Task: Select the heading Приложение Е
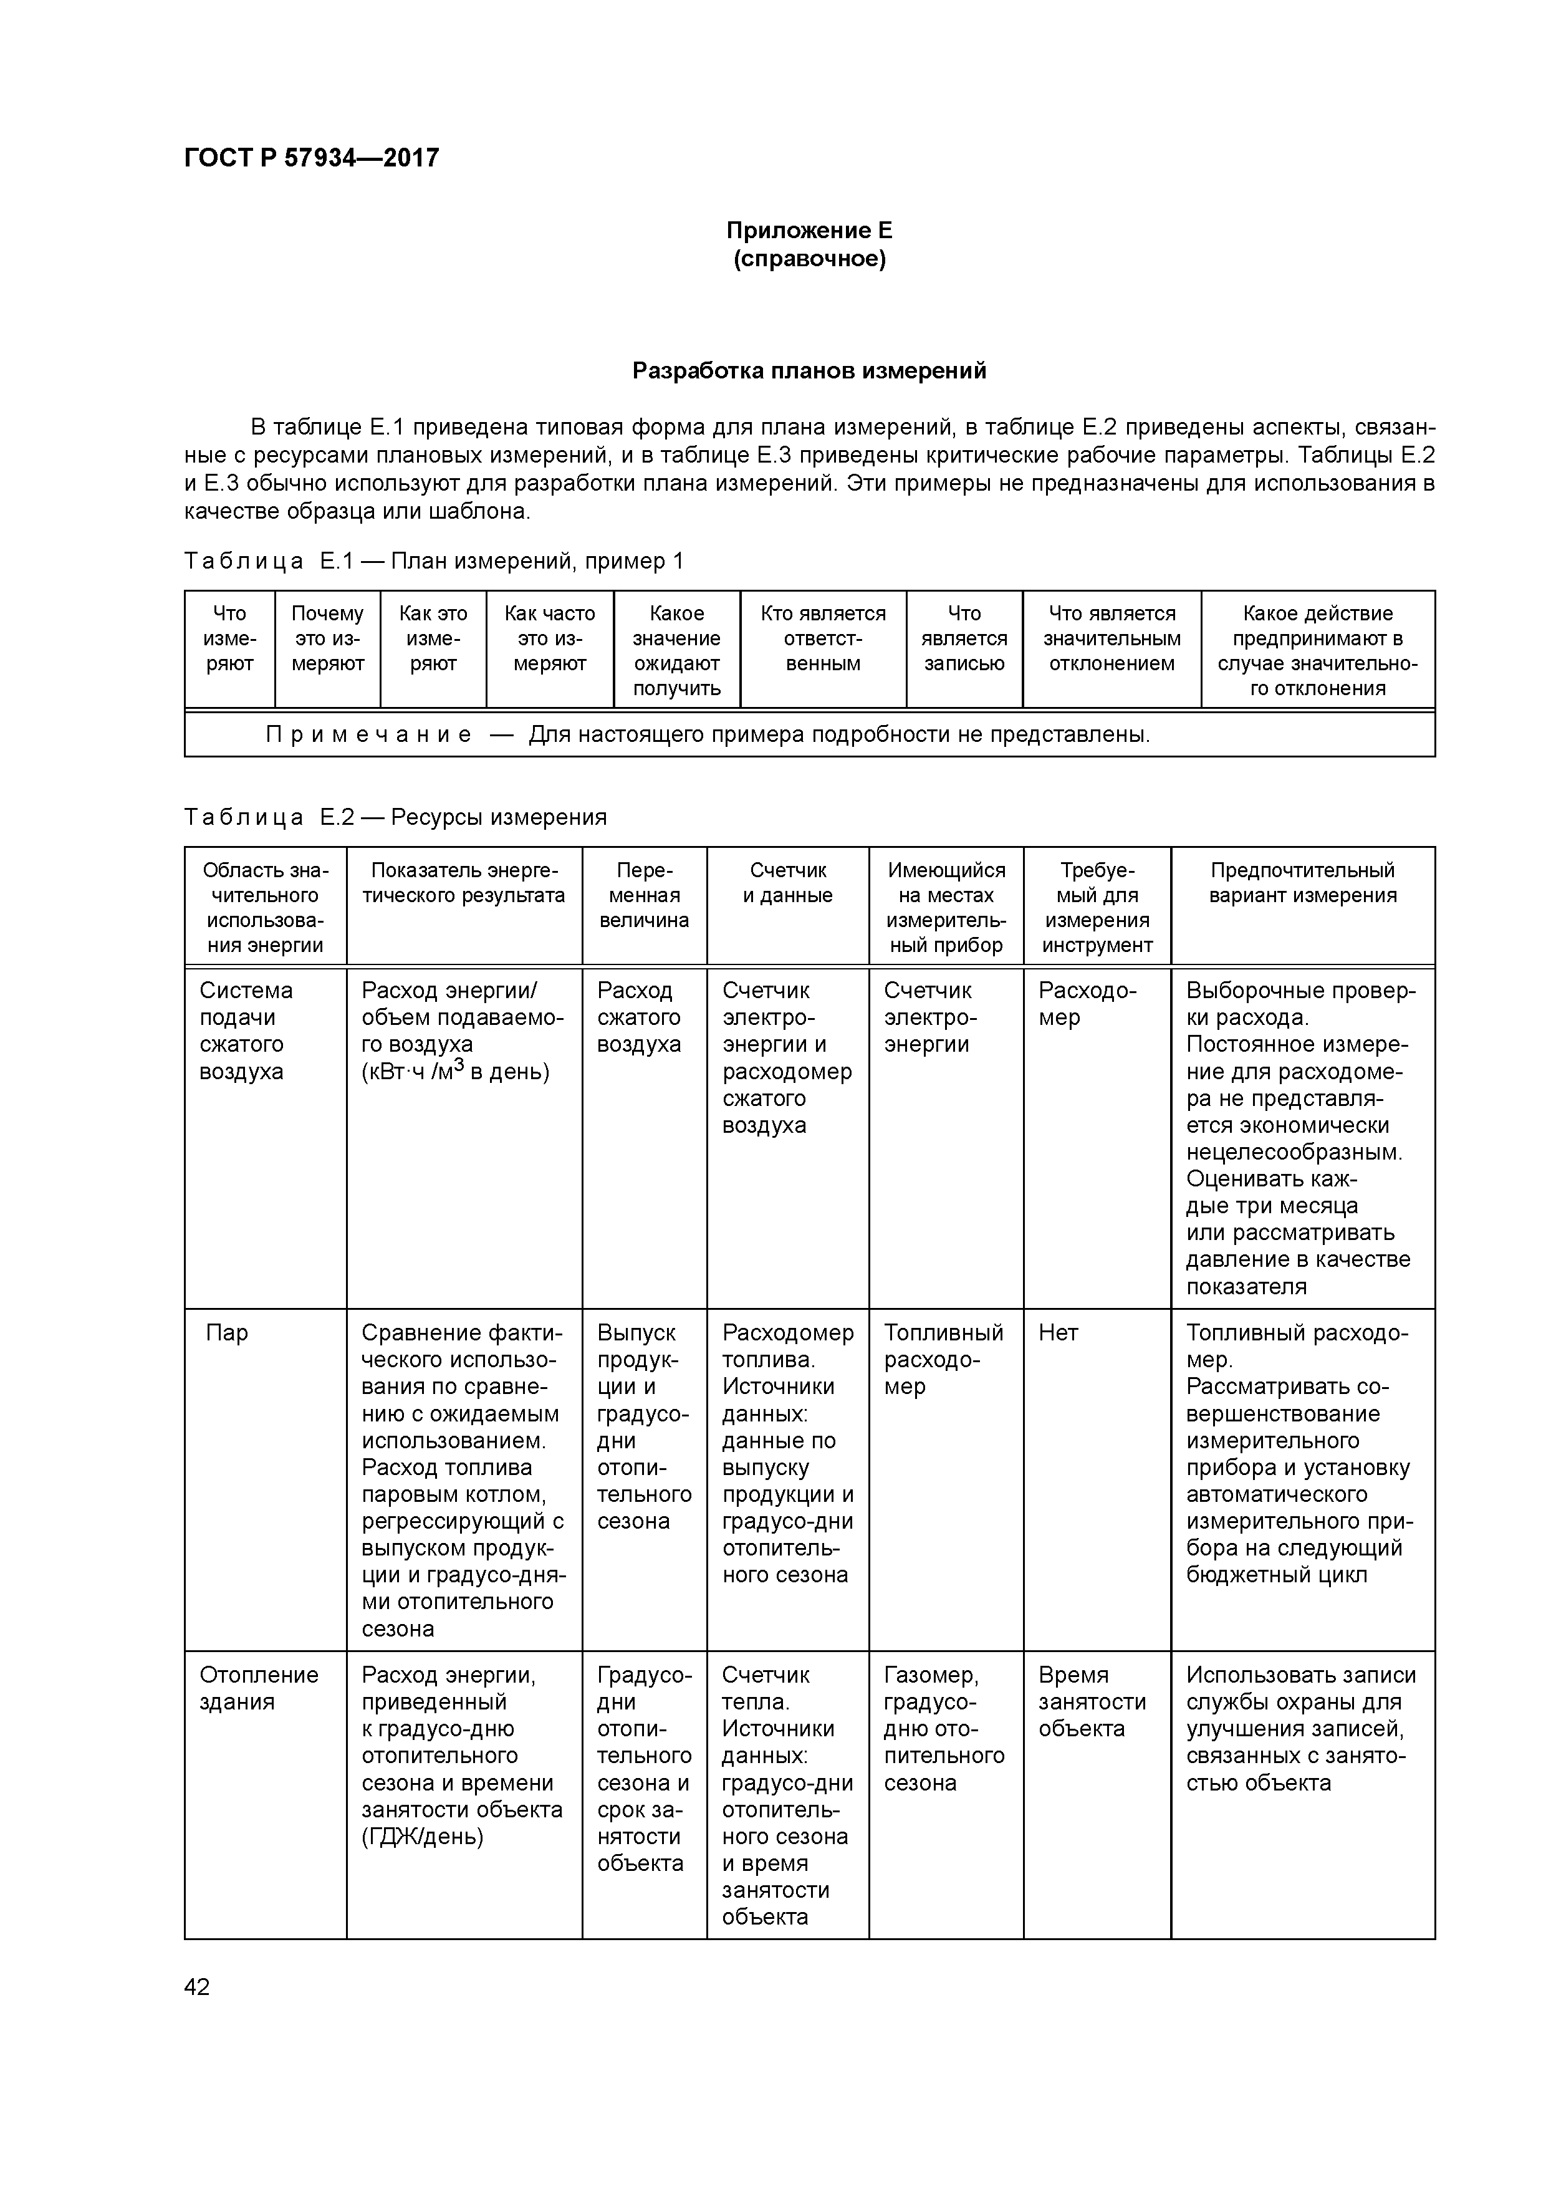[809, 231]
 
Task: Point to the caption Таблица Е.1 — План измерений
[433, 561]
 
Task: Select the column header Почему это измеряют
[328, 638]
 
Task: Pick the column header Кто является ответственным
[823, 638]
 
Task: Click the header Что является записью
[964, 638]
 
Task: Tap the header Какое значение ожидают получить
[676, 651]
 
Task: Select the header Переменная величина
[644, 895]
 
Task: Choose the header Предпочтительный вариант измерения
[1302, 883]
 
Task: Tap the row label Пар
[227, 1332]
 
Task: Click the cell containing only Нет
[1059, 1332]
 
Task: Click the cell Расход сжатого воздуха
[639, 1017]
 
